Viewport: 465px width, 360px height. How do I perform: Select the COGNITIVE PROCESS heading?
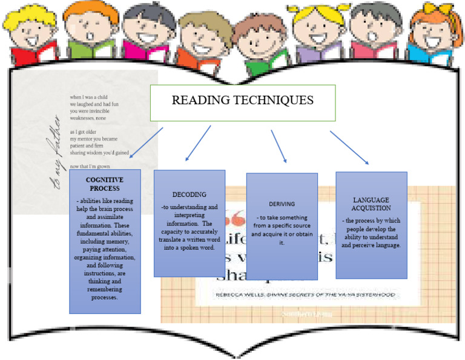pos(104,184)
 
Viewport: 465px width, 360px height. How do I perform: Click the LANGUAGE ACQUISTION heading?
pos(371,204)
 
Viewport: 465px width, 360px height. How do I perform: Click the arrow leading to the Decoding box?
pos(198,143)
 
